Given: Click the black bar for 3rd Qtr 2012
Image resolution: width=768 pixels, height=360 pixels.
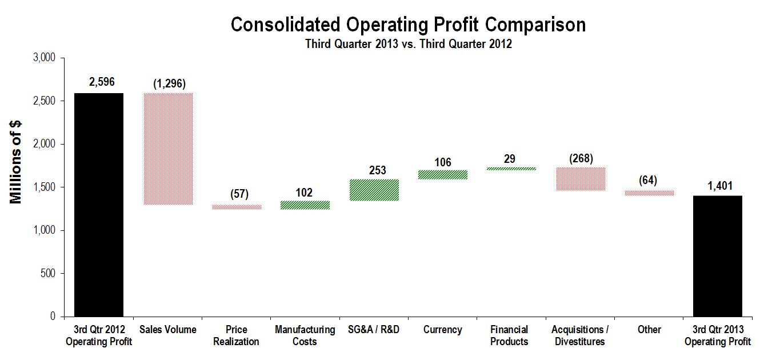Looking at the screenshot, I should tap(99, 205).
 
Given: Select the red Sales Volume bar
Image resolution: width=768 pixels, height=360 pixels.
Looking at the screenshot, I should tap(167, 149).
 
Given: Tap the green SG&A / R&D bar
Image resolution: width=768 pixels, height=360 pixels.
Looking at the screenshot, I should tap(374, 190).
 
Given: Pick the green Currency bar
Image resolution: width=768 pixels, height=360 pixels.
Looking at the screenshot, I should tap(443, 174).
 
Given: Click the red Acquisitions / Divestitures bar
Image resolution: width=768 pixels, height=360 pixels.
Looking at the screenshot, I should tap(581, 178).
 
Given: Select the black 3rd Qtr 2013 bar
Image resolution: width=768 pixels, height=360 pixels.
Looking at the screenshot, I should tap(718, 255).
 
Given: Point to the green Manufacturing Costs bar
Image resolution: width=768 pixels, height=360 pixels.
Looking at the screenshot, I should tap(305, 205).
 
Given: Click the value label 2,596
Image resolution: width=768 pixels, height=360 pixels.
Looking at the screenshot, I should tap(102, 83).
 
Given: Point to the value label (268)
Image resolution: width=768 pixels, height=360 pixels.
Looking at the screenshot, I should tap(581, 158).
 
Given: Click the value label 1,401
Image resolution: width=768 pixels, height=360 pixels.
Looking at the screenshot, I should tap(718, 186).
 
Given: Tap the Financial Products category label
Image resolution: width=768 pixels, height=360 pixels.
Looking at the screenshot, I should tap(509, 335).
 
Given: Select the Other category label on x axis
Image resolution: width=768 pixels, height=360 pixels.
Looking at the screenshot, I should tap(649, 330).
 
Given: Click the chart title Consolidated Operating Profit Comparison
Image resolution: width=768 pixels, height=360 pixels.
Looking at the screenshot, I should tap(408, 25).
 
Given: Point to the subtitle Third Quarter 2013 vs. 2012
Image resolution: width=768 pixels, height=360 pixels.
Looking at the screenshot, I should tap(408, 45).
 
